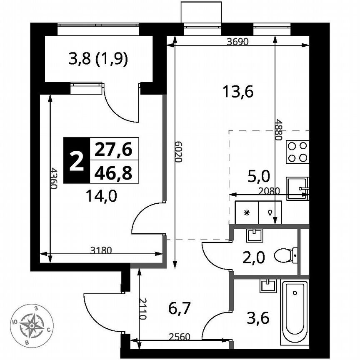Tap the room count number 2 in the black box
pyautogui.click(x=76, y=160)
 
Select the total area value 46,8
pyautogui.click(x=113, y=172)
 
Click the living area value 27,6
pyautogui.click(x=113, y=149)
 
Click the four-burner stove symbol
pyautogui.click(x=297, y=152)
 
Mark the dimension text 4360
pyautogui.click(x=53, y=178)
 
